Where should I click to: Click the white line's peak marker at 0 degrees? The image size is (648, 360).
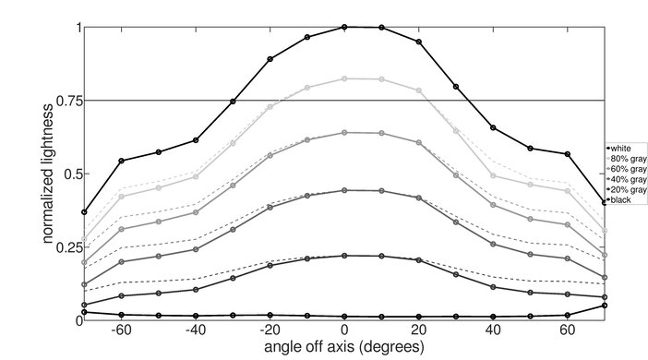(344, 27)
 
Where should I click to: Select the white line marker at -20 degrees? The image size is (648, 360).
(270, 59)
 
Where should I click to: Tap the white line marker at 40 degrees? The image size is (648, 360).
(493, 127)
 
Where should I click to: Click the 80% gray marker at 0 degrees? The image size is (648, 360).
(344, 78)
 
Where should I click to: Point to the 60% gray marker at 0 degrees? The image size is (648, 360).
(344, 132)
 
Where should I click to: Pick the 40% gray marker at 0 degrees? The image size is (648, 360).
(344, 190)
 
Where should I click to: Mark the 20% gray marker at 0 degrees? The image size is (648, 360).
(344, 256)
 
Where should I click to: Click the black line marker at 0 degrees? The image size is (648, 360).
(344, 317)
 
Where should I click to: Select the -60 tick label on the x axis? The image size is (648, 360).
(119, 330)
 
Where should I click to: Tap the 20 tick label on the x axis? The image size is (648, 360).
(418, 330)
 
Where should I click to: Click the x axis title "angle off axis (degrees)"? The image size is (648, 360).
(343, 348)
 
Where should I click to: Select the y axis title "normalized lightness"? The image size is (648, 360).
(46, 172)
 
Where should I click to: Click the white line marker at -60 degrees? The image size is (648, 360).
(121, 161)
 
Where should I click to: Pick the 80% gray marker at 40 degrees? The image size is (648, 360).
(493, 175)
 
